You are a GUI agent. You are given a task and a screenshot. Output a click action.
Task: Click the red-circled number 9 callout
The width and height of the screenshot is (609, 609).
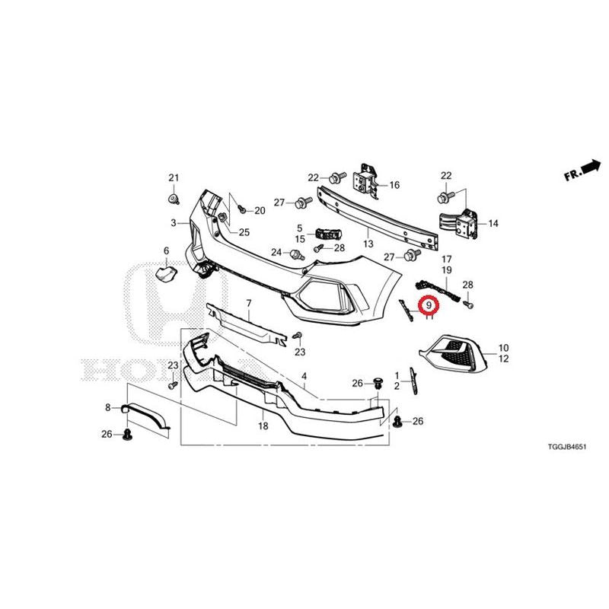click(429, 305)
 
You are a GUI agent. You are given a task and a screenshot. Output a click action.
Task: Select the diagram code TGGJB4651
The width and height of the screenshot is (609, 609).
click(566, 447)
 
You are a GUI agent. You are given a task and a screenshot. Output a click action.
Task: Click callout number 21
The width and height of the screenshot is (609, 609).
click(174, 178)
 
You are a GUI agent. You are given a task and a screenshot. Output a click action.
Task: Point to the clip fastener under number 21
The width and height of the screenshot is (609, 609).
click(174, 199)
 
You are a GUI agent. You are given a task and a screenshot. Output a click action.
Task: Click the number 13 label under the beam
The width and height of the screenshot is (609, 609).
click(368, 244)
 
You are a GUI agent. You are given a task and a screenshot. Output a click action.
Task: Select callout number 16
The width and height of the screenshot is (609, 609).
click(394, 185)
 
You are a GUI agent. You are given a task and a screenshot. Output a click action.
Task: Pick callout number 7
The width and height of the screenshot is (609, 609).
click(249, 303)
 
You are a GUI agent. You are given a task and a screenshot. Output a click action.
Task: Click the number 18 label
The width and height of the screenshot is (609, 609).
click(263, 426)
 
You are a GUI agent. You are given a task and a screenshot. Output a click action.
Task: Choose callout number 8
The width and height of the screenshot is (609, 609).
click(108, 407)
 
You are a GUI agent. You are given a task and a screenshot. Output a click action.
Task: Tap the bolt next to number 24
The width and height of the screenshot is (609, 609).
click(297, 254)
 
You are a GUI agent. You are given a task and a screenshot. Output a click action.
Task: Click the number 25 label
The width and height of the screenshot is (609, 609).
click(244, 232)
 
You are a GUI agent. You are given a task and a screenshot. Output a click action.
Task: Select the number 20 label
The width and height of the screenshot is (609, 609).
click(260, 211)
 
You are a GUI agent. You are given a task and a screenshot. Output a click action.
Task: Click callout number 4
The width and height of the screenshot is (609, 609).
click(304, 376)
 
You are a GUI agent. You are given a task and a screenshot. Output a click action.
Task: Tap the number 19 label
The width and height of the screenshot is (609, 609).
click(447, 270)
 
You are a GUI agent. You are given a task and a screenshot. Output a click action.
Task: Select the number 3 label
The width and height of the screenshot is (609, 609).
click(174, 223)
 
